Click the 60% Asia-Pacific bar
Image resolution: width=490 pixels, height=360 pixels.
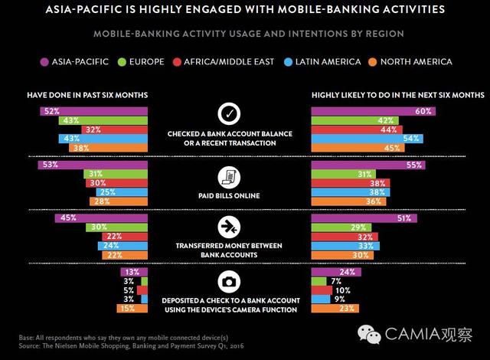coord(373,111)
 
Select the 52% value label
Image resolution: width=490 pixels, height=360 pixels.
coord(52,111)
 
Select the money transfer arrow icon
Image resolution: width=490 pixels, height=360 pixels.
coord(230,227)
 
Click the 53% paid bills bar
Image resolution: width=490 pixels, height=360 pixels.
coord(93,165)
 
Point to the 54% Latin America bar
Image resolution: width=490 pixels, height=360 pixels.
coord(367,138)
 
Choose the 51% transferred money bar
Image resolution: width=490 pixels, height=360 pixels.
coord(364,218)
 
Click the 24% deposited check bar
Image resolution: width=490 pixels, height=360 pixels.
coord(336,271)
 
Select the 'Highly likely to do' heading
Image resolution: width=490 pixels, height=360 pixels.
coord(397,95)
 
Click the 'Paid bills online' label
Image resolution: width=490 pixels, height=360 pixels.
coord(230,196)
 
